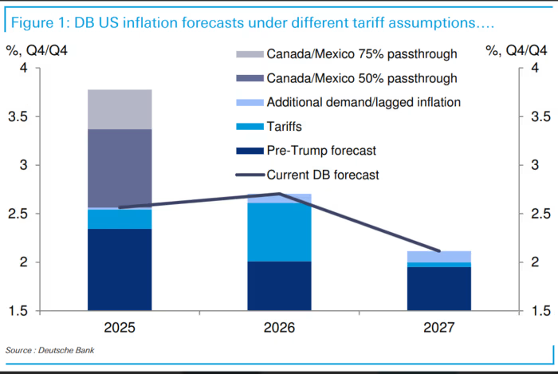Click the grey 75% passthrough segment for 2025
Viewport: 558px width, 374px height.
click(120, 109)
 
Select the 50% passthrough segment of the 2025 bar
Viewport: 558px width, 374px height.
click(120, 167)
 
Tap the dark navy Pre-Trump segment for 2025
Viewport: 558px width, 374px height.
click(120, 270)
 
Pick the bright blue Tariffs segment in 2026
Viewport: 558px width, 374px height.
click(279, 232)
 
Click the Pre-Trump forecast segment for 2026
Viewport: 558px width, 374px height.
click(279, 285)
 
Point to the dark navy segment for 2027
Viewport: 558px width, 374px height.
click(439, 289)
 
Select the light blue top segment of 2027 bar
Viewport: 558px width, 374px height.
click(439, 256)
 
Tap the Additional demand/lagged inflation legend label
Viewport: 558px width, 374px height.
click(363, 102)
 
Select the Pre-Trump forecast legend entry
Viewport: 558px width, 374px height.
click(321, 150)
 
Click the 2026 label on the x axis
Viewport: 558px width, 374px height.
click(279, 328)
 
